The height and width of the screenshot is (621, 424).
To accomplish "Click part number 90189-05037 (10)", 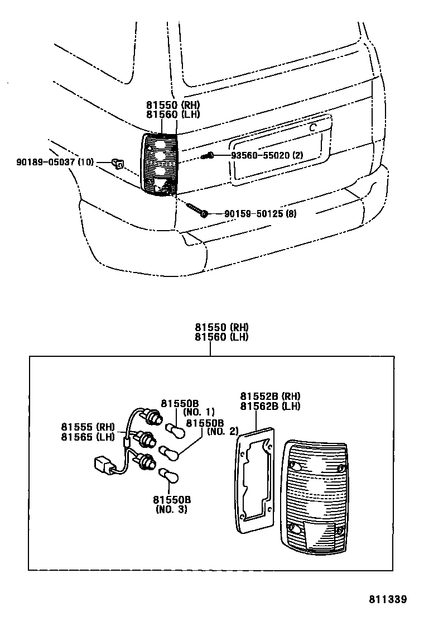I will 55,163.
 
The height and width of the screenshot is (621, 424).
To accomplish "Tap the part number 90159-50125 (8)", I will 260,213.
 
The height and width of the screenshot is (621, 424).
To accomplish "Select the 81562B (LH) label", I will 270,406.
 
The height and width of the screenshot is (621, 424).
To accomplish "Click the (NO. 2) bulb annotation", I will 223,431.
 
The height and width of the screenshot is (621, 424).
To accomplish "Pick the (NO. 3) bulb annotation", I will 171,509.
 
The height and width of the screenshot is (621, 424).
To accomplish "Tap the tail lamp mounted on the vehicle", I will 160,164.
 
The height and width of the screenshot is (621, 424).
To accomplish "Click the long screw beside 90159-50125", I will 196,209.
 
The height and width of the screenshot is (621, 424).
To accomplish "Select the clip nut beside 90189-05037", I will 118,163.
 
